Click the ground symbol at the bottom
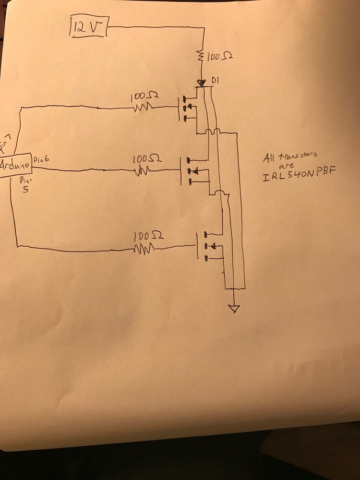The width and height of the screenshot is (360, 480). coord(233,308)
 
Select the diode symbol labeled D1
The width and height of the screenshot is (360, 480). coord(202,84)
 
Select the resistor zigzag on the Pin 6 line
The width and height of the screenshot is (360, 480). coord(143,170)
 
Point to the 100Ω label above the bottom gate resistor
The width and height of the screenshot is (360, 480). coord(147,236)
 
